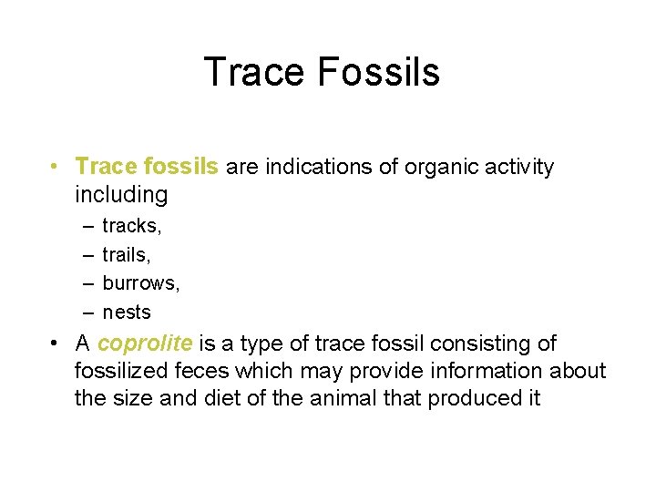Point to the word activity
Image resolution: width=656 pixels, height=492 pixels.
coord(516,167)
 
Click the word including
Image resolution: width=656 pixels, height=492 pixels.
coord(121,195)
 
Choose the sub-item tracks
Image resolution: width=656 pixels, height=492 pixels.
coord(131,225)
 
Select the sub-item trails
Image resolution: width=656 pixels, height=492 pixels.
coord(127,254)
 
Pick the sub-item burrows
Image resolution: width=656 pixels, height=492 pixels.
coord(140,283)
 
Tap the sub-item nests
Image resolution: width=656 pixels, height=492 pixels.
coord(127,313)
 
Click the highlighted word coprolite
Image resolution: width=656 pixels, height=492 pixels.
coord(145,343)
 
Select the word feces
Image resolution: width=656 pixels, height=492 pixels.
coord(207,371)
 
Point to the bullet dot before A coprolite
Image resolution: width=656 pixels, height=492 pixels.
coord(56,344)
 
